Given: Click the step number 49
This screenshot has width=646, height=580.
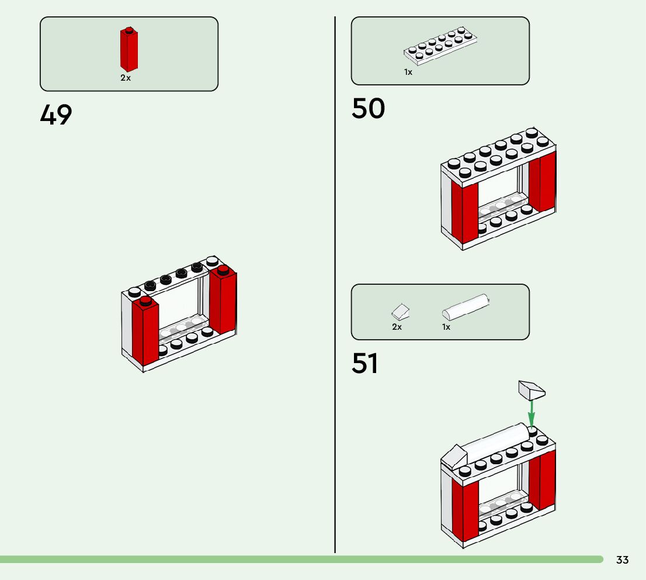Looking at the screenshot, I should coord(56,115).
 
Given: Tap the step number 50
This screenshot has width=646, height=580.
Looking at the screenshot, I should coord(368,109).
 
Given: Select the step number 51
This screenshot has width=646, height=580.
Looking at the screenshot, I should coord(364,364).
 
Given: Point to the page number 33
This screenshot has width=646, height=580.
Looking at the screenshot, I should coord(623,560).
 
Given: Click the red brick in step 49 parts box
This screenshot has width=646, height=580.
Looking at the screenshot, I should coord(128,50).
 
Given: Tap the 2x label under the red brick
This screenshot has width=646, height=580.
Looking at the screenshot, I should coord(126,78).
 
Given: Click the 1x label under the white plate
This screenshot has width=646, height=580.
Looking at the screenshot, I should coord(408,72).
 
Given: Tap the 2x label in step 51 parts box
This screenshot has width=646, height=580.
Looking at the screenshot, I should coord(397,327).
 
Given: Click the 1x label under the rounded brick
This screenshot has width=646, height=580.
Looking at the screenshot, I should coord(446,327).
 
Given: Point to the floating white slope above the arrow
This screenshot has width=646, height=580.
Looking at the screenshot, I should coord(531,389).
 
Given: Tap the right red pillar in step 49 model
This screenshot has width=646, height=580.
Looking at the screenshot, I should coord(223,302).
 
